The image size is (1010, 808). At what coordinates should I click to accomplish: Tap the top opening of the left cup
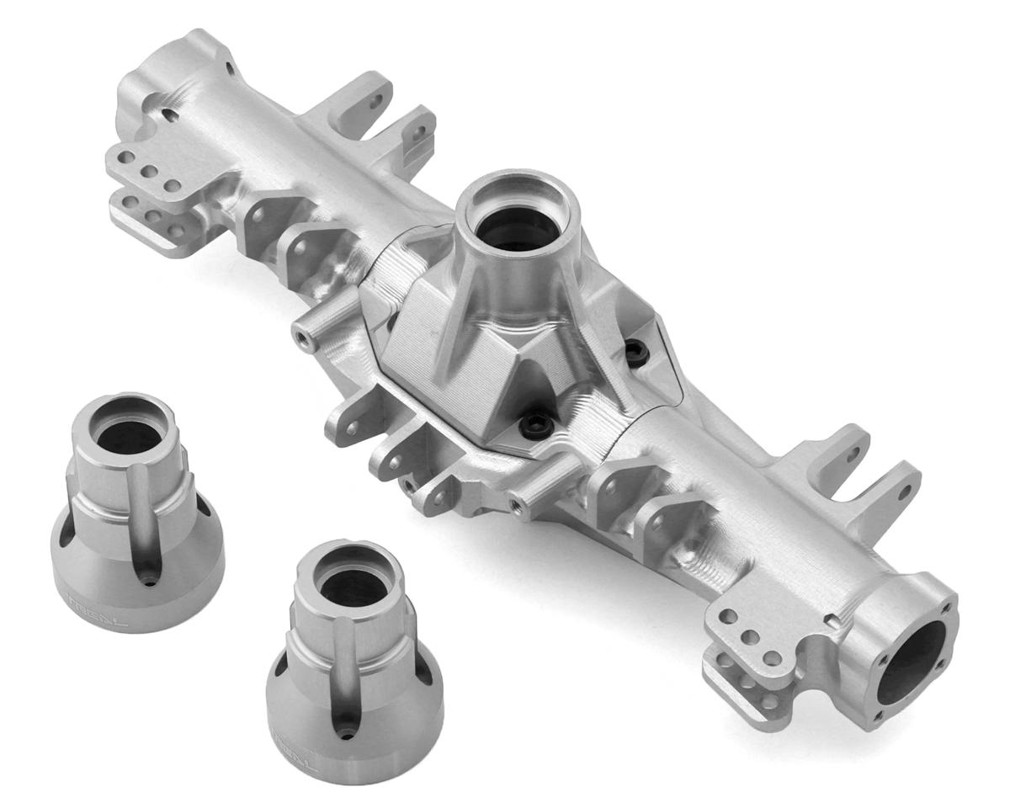pyautogui.click(x=126, y=435)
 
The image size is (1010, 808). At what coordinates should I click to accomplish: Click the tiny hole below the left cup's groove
pyautogui.click(x=149, y=581)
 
